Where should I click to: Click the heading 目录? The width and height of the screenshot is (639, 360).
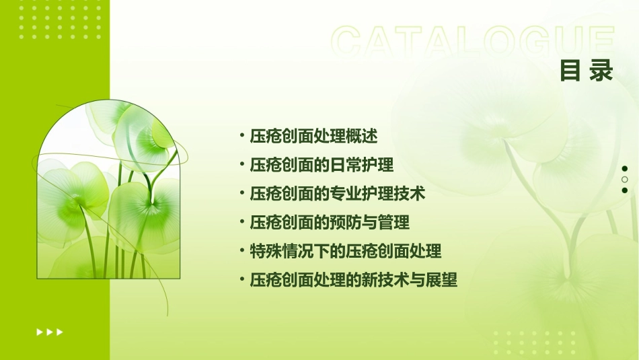pyautogui.click(x=587, y=71)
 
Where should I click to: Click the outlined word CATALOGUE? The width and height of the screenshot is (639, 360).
pyautogui.click(x=473, y=41)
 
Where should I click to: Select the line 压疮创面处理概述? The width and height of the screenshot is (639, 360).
pyautogui.click(x=313, y=136)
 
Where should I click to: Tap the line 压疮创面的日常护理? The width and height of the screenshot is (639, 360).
pyautogui.click(x=322, y=165)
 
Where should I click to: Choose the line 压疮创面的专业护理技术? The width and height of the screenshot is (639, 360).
pyautogui.click(x=338, y=194)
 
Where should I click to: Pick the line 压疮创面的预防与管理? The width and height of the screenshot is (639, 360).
pyautogui.click(x=330, y=222)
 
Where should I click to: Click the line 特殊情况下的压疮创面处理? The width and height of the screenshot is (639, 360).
pyautogui.click(x=346, y=252)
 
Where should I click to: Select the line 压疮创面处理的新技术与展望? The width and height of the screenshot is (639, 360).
pyautogui.click(x=354, y=280)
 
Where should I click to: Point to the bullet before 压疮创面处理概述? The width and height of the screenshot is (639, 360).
pyautogui.click(x=242, y=136)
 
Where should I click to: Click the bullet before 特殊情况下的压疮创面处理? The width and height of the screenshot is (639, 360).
pyautogui.click(x=242, y=252)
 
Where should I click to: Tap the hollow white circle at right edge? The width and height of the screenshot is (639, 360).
pyautogui.click(x=625, y=179)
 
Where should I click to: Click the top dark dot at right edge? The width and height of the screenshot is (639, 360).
pyautogui.click(x=625, y=168)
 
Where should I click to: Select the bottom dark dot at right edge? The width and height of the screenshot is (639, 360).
pyautogui.click(x=625, y=190)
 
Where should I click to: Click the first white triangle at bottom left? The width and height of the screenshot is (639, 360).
pyautogui.click(x=39, y=332)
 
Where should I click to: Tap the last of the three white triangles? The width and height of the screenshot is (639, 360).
pyautogui.click(x=60, y=332)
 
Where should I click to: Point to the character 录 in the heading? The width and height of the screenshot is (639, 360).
pyautogui.click(x=601, y=71)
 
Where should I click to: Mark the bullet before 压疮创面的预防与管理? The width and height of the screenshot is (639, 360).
pyautogui.click(x=242, y=222)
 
